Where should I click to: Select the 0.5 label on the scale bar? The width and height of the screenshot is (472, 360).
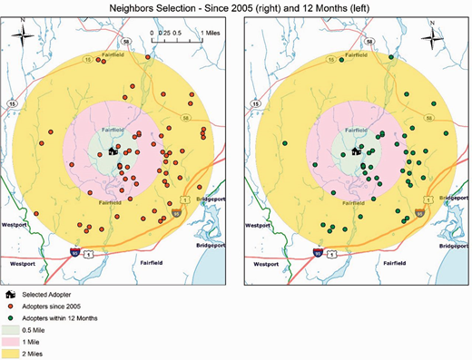pyautogui.click(x=179, y=32)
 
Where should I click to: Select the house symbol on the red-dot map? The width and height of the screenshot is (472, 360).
pyautogui.click(x=113, y=152)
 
